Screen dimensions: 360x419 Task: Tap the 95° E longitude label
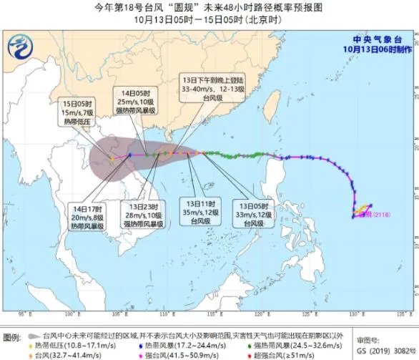[x=26, y=313]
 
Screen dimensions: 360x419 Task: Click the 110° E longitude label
[x=165, y=313]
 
